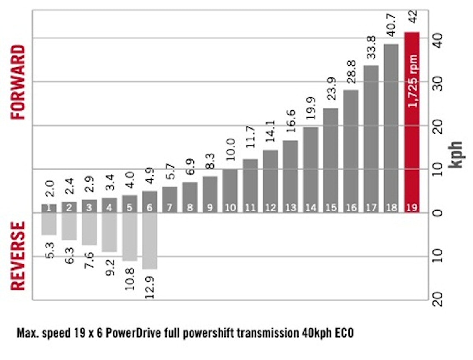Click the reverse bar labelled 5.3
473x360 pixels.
pos(49,224)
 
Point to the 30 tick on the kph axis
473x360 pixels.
pos(438,82)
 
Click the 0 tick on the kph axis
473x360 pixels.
pos(438,213)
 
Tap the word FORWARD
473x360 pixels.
pos(19,82)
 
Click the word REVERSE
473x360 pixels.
pos(19,257)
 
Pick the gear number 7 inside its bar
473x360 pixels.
pos(169,208)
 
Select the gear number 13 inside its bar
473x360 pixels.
pos(290,208)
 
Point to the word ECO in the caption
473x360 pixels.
pos(343,333)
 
